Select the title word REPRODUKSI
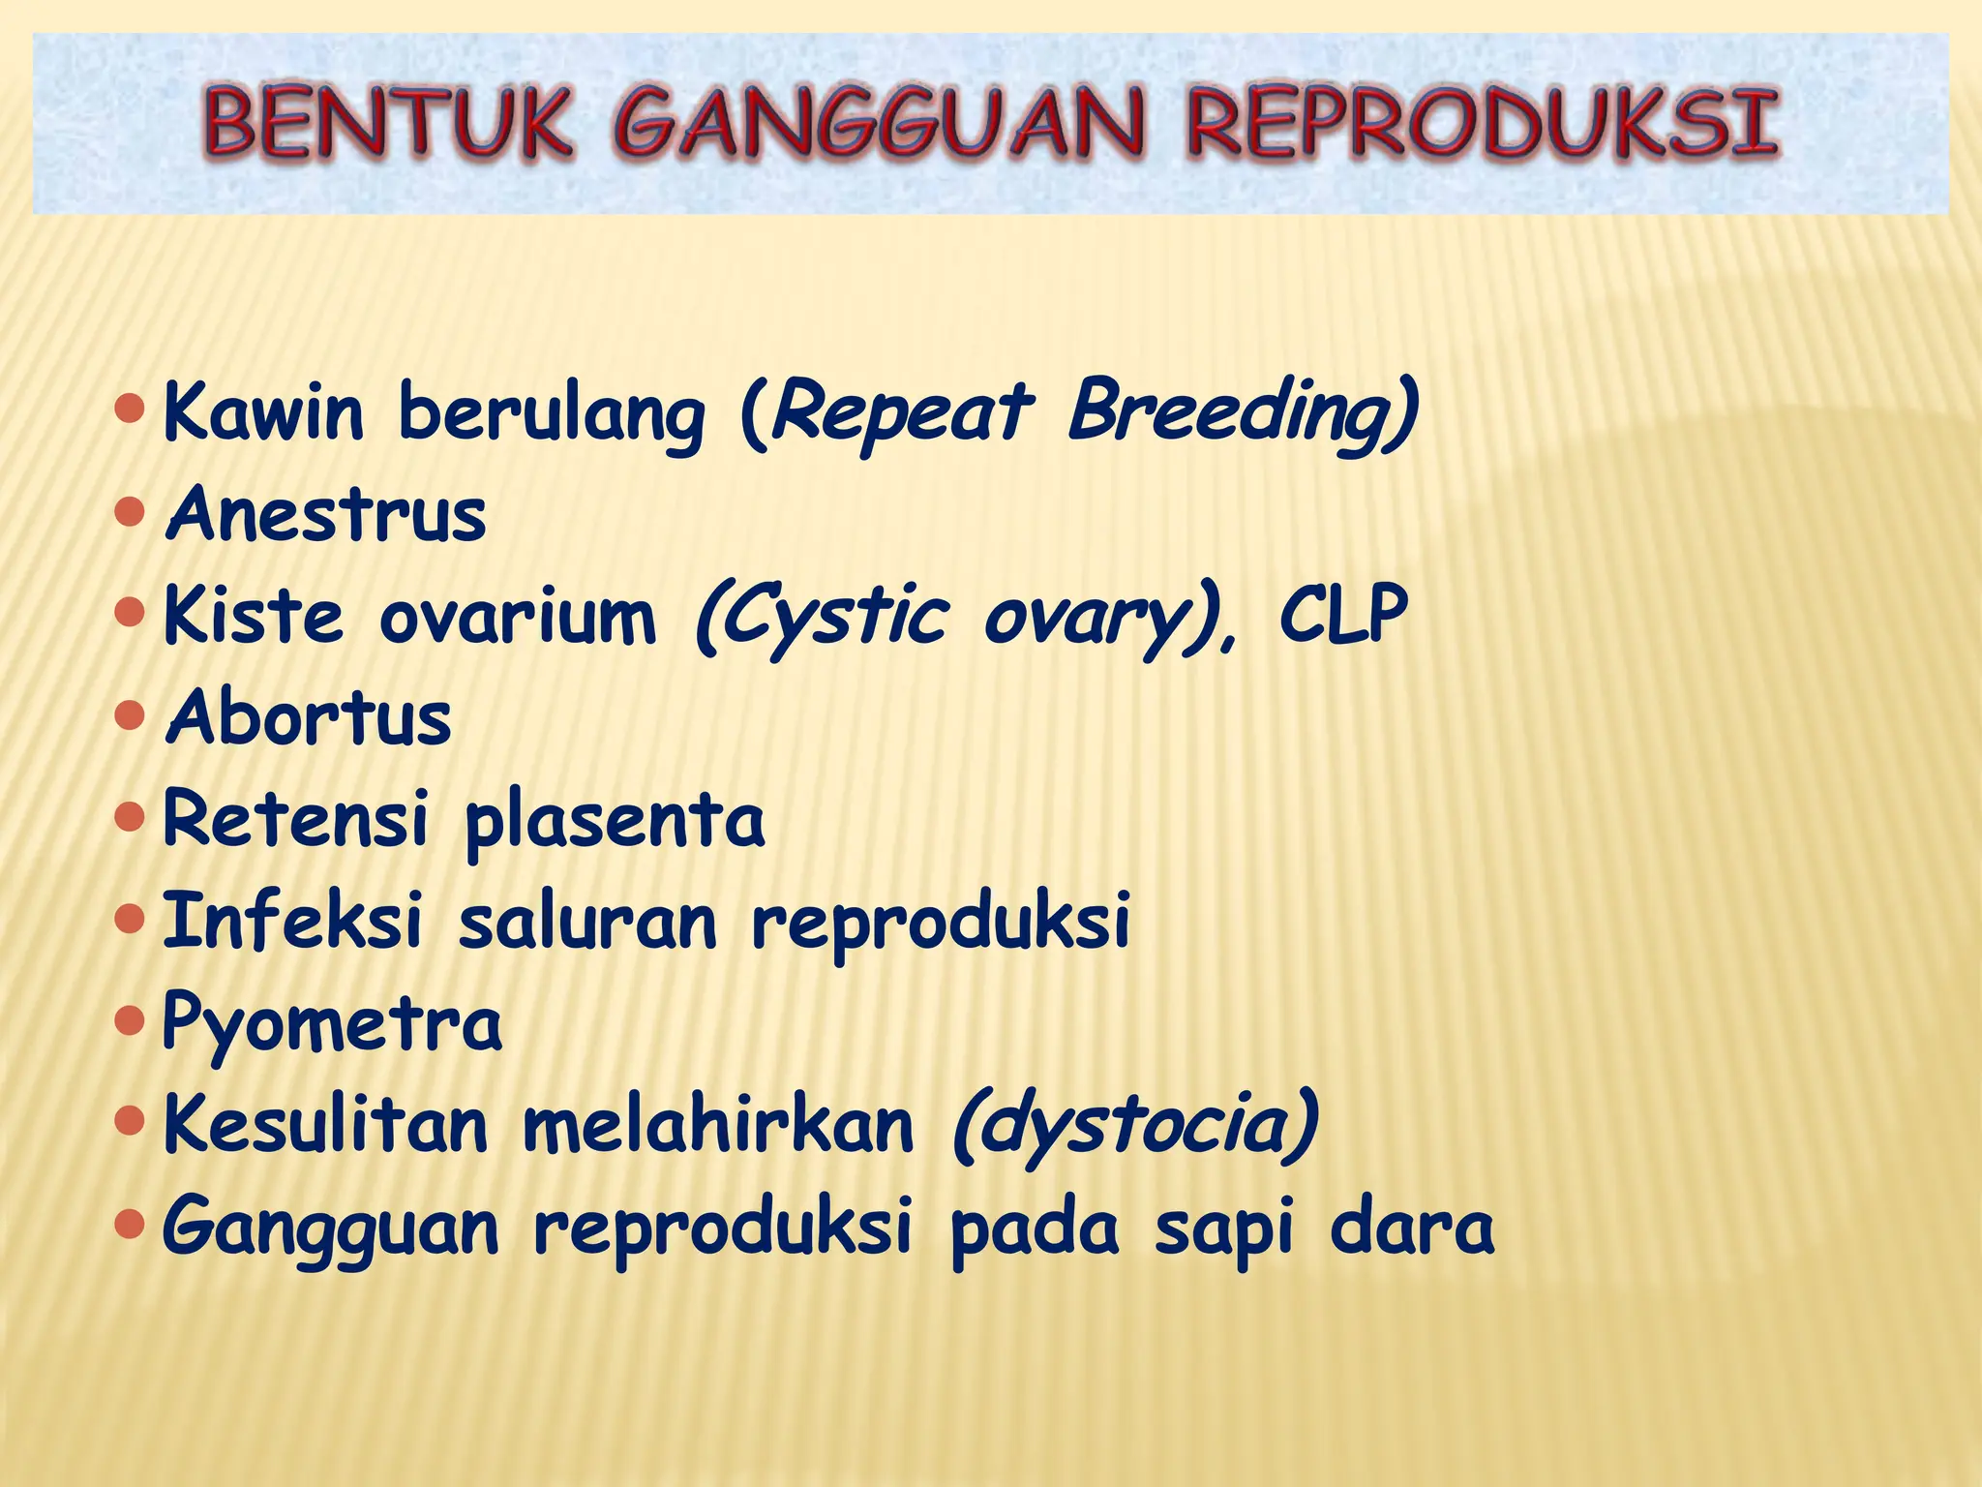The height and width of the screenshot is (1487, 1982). tap(1481, 124)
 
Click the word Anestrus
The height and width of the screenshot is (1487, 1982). tap(326, 514)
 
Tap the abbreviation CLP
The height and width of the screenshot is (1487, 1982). tap(1342, 616)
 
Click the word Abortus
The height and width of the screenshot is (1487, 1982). tap(309, 718)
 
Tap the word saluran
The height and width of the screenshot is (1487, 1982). tap(587, 922)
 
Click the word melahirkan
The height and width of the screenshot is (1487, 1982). tap(718, 1125)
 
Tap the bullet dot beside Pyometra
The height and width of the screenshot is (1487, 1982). tap(129, 1020)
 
